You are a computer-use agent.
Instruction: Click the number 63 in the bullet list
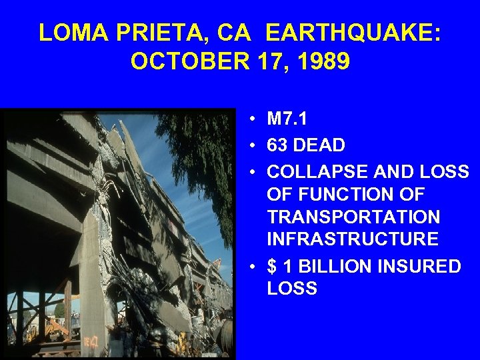click(279, 145)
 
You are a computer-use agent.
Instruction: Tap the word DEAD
click(325, 145)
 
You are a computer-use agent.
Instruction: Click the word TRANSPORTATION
click(353, 217)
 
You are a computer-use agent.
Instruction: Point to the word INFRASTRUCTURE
click(353, 240)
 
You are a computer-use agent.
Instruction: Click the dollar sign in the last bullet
click(271, 266)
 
